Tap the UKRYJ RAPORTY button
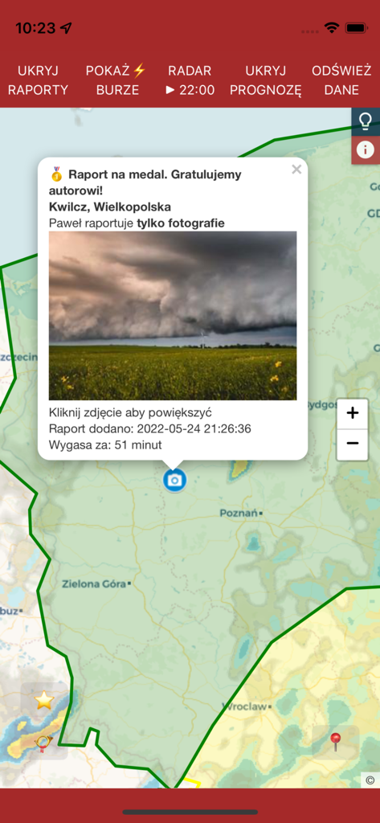tap(38, 80)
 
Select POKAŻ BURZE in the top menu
tap(117, 80)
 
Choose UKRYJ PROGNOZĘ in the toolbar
tap(265, 80)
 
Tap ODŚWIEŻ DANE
tap(341, 80)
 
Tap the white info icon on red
tap(366, 149)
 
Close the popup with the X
tap(296, 169)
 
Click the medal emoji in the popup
tap(56, 174)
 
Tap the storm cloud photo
tap(173, 315)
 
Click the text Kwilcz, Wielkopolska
tap(110, 207)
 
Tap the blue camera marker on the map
tap(174, 480)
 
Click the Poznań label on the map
tap(239, 513)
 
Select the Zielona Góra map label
tap(93, 583)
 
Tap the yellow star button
tap(44, 701)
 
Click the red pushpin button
tap(336, 741)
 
